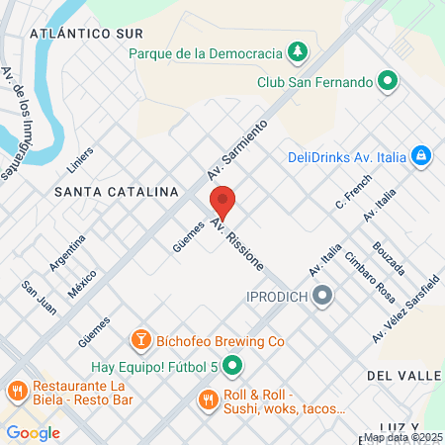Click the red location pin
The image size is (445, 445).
(223, 201)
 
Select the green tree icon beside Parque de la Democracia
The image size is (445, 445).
(298, 50)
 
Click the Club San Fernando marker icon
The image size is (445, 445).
(389, 81)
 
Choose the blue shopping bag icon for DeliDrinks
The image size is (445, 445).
(421, 155)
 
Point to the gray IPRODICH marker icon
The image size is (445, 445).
(322, 296)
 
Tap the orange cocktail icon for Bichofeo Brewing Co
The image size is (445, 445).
(141, 340)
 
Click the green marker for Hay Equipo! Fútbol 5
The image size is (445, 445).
(232, 368)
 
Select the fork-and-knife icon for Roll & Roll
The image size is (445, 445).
(207, 400)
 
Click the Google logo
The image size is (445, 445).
(33, 432)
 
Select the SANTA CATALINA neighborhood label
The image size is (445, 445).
(116, 190)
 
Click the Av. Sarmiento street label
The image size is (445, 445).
(238, 150)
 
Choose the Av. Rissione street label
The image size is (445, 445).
(237, 245)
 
